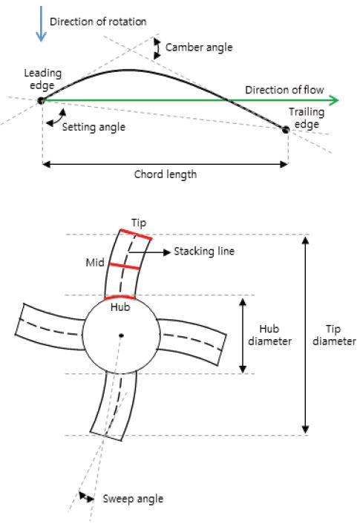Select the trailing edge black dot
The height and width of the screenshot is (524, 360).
[286, 129]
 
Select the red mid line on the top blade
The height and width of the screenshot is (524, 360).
[125, 266]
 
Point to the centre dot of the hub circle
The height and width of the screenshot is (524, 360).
[120, 336]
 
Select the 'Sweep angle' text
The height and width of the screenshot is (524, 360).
[132, 498]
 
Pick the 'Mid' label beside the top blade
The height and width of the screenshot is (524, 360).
[94, 262]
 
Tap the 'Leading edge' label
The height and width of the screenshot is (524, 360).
[42, 79]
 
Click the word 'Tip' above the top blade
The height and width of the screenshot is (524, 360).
[138, 223]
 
